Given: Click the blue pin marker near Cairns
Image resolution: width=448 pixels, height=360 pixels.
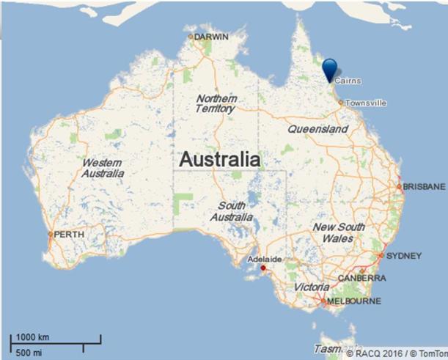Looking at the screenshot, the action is click(x=331, y=69).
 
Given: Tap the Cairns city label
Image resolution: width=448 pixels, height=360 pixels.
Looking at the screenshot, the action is click(x=348, y=81).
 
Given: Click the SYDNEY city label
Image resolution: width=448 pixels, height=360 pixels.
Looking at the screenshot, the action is click(x=404, y=256).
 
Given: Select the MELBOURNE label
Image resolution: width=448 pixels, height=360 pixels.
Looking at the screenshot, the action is click(x=355, y=301).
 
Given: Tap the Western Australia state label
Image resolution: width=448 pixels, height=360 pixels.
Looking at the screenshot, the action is click(x=103, y=168).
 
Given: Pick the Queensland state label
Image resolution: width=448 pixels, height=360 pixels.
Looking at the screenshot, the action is click(x=317, y=129).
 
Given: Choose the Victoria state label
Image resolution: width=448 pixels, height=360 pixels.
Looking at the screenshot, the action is click(x=312, y=287).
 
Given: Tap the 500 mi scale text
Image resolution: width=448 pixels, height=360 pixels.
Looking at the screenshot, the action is click(x=29, y=352).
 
